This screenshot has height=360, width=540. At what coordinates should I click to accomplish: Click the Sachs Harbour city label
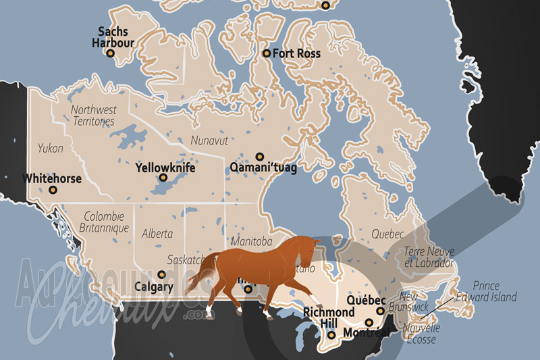point(113,37)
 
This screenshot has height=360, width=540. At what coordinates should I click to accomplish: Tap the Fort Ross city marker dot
point(267,53)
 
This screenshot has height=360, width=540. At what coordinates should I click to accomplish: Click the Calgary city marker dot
point(161,274)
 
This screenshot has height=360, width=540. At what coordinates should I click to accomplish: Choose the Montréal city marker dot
point(369,322)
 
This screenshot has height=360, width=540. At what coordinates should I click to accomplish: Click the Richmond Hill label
point(328,317)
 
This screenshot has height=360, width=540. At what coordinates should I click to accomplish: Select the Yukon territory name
point(51,148)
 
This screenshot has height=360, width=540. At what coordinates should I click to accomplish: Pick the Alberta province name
point(157,234)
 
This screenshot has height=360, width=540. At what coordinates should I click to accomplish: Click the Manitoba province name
point(250,242)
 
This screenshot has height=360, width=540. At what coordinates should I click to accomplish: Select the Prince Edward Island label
point(495,291)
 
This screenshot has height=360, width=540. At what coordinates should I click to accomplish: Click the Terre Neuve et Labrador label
point(429,257)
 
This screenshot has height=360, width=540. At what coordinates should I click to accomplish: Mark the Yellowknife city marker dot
point(163,178)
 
